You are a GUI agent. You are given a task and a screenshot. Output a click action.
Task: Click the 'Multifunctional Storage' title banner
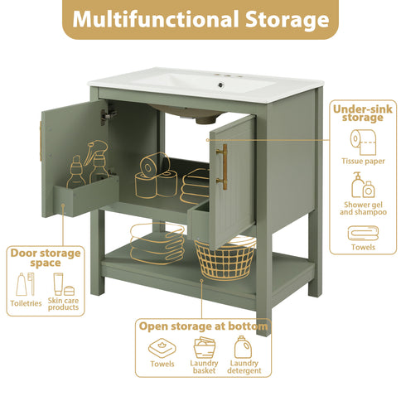pos(200,20)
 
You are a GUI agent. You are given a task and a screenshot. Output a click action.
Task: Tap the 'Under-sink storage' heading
pos(357,114)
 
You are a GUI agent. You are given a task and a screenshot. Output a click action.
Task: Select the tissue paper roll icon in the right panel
pos(363,140)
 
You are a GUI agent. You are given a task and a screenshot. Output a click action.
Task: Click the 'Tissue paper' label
pos(363,161)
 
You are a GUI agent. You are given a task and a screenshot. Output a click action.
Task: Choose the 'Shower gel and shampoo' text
pos(363,209)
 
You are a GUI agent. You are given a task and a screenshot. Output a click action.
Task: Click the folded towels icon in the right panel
pos(363,233)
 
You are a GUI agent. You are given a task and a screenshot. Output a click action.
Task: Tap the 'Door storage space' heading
pos(45,257)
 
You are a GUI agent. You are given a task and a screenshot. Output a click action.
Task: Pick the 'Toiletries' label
pos(25,304)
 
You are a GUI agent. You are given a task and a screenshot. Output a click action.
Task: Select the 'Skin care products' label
pos(64,304)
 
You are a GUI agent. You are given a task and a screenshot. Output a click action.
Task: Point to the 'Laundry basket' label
pos(204,367)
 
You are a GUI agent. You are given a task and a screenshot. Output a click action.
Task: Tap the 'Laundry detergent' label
pos(244,367)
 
